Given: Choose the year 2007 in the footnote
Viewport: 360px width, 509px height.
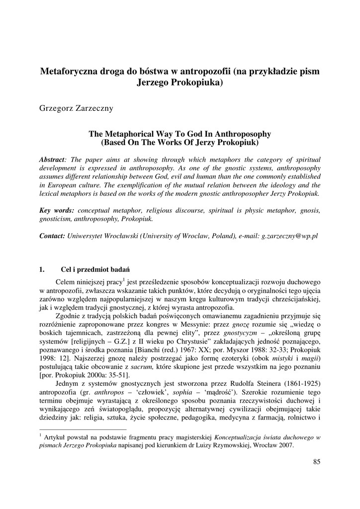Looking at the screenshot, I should pyautogui.click(x=285, y=445).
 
